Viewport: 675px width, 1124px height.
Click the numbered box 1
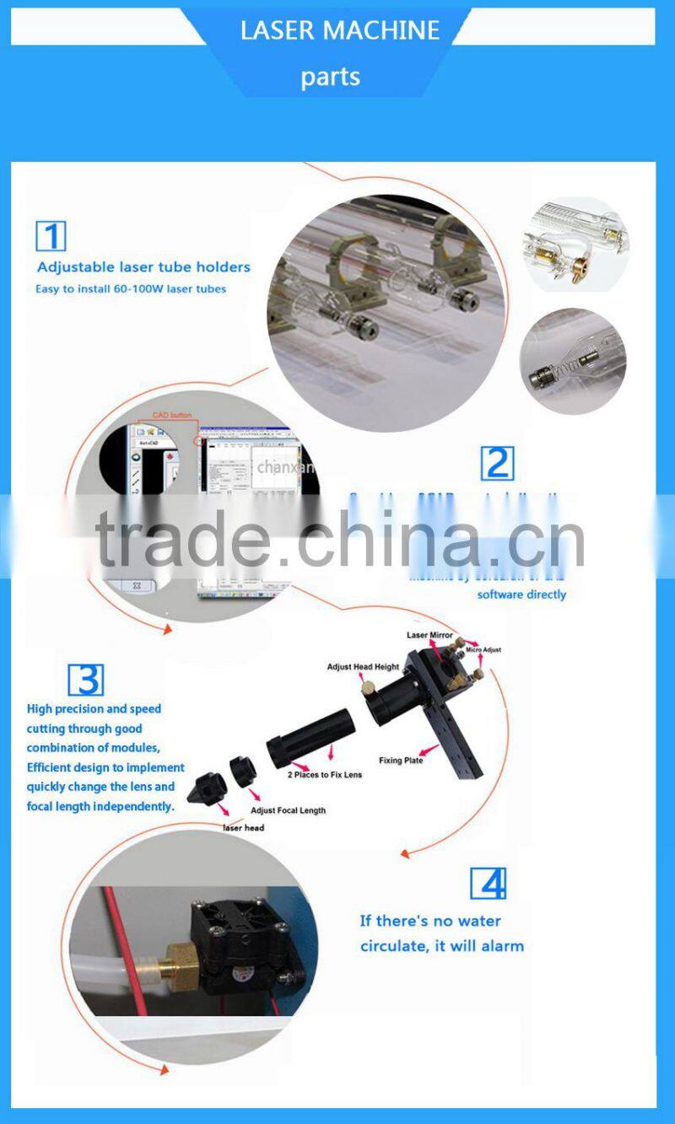[x=51, y=235]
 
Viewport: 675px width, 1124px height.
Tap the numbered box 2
[x=496, y=463]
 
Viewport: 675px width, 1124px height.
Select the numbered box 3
[x=84, y=680]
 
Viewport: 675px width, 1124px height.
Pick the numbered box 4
[x=488, y=882]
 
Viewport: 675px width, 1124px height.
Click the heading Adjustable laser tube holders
[x=143, y=267]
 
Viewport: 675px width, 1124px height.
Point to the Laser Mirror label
[x=429, y=635]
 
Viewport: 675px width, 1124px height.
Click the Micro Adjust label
[x=483, y=650]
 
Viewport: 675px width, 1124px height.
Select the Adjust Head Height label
[x=363, y=667]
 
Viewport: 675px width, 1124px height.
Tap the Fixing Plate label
[x=401, y=761]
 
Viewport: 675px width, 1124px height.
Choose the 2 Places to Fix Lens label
[x=325, y=774]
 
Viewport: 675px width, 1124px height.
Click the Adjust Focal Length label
[x=288, y=810]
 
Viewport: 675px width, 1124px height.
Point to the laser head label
[x=243, y=828]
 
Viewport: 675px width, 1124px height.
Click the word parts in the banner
[x=330, y=77]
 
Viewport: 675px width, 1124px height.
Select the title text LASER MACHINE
[x=340, y=30]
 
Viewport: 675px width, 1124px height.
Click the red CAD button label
[x=171, y=416]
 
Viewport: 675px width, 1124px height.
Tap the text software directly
[x=521, y=594]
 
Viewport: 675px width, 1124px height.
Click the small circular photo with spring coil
[x=572, y=361]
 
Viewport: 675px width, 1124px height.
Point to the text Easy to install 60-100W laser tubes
[x=131, y=289]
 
